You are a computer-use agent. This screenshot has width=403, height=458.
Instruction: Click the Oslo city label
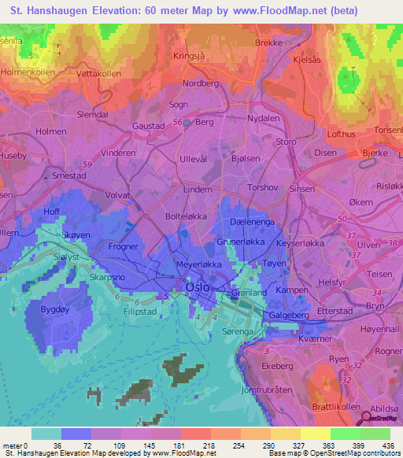[x=197, y=288]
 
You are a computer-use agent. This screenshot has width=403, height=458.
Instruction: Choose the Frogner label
[x=122, y=246]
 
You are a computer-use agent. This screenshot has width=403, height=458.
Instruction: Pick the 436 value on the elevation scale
[x=388, y=445]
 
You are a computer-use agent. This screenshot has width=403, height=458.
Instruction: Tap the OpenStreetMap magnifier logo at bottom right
[x=367, y=417]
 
